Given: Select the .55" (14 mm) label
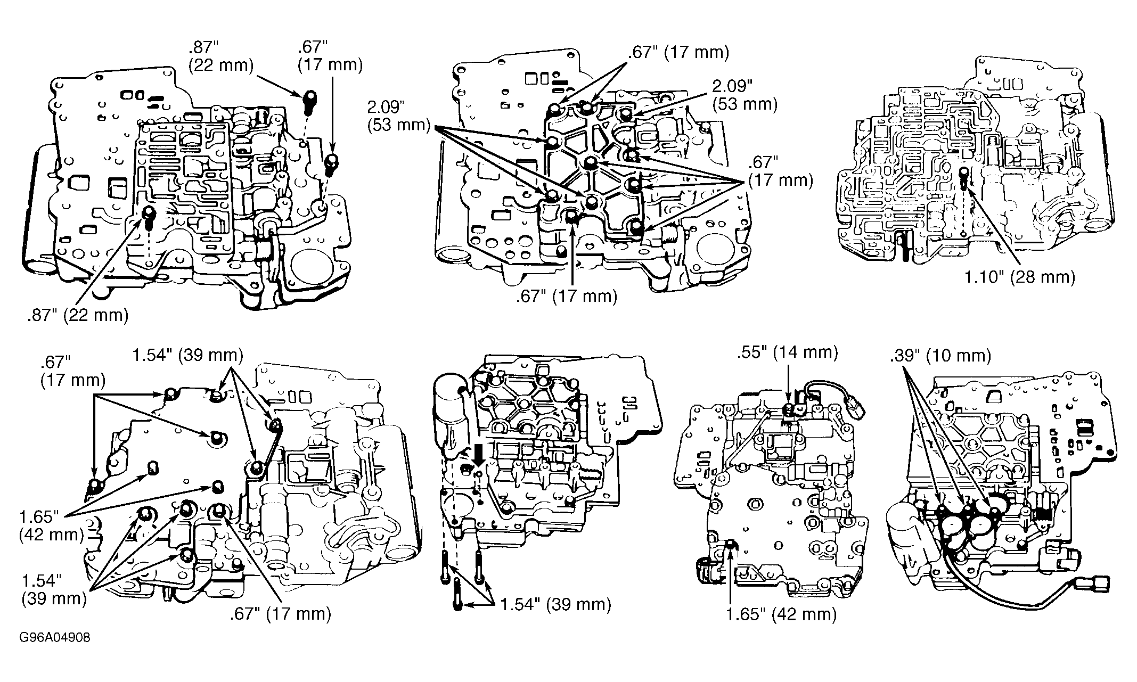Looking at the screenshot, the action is [x=788, y=352].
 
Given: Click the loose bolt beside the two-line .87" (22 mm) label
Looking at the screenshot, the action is [x=309, y=103].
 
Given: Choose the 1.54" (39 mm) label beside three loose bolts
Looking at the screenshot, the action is [x=555, y=604].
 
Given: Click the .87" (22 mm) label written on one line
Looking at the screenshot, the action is [x=78, y=315].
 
